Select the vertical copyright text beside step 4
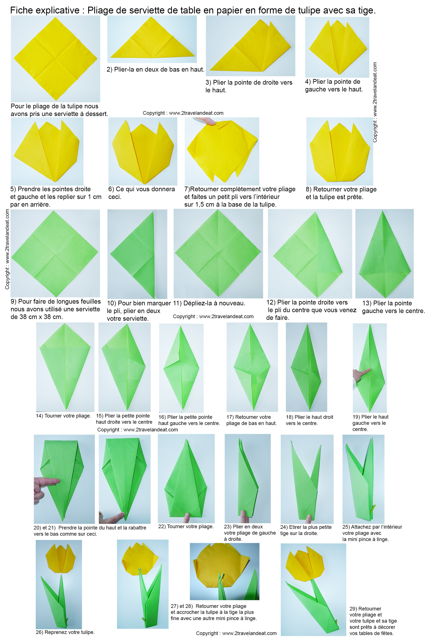tap(375, 102)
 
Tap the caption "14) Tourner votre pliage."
tap(63, 416)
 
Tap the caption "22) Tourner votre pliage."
tap(186, 527)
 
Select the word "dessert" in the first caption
tap(96, 114)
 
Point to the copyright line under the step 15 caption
tap(138, 430)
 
